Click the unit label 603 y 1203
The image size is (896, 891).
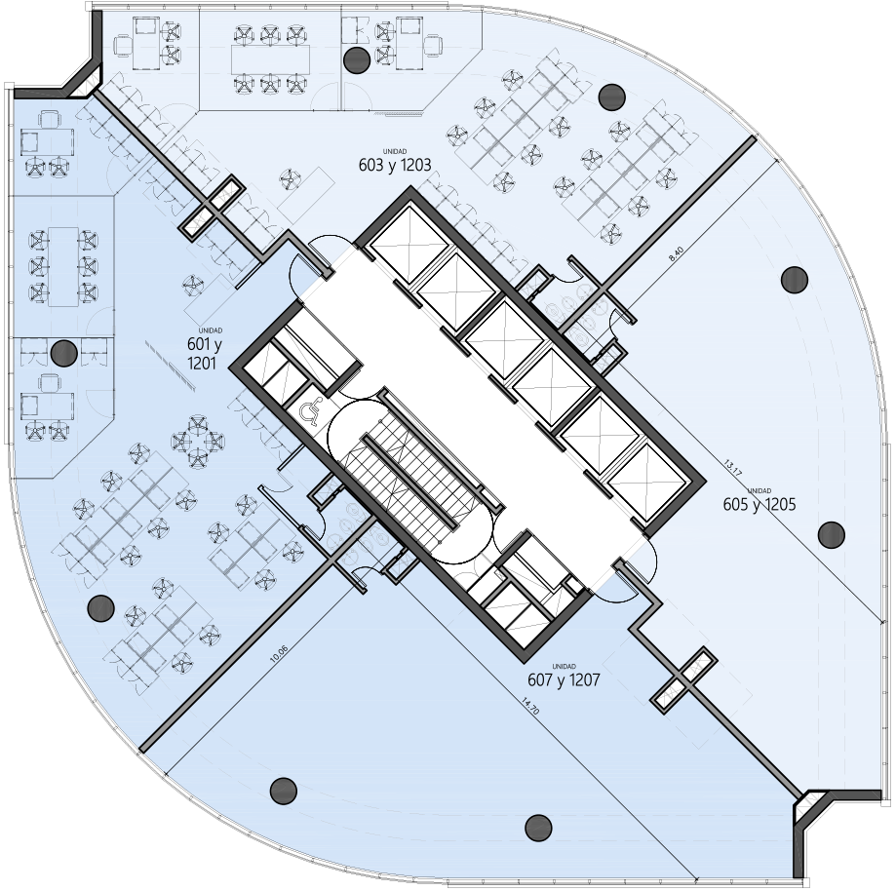pyautogui.click(x=395, y=165)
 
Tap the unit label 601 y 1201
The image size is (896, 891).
pyautogui.click(x=204, y=354)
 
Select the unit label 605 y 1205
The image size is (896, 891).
pyautogui.click(x=760, y=504)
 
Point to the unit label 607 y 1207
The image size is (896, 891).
pyautogui.click(x=564, y=680)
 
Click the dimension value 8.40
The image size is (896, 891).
pyautogui.click(x=676, y=253)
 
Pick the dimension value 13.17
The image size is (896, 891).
pyautogui.click(x=732, y=468)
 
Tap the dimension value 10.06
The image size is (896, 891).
pyautogui.click(x=279, y=654)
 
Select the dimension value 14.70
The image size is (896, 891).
pyautogui.click(x=529, y=706)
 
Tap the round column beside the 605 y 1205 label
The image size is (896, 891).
pyautogui.click(x=832, y=535)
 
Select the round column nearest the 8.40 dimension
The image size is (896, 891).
pyautogui.click(x=795, y=280)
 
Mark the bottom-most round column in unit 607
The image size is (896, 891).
pyautogui.click(x=538, y=827)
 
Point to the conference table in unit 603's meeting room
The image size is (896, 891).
pyautogui.click(x=270, y=59)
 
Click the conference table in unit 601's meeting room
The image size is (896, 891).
pyautogui.click(x=63, y=266)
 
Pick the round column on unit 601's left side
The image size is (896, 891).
pyautogui.click(x=64, y=353)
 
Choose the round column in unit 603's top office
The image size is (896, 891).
pyautogui.click(x=357, y=58)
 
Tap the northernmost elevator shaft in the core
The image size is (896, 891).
pyautogui.click(x=409, y=244)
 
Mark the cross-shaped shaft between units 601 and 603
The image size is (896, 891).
pyautogui.click(x=214, y=208)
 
